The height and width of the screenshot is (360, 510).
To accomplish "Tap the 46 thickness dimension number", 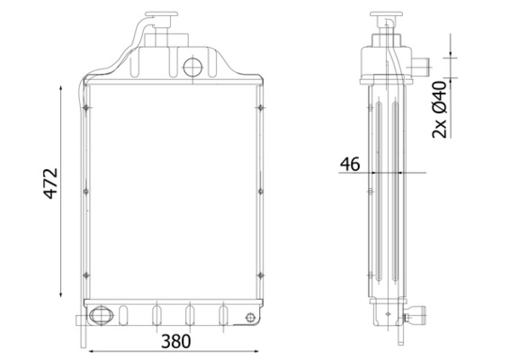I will point(349,164).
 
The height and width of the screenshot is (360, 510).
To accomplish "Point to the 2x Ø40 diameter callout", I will point(439,109).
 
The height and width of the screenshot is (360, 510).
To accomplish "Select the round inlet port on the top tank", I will point(193,67).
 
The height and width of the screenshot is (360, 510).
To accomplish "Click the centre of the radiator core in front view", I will point(173,189).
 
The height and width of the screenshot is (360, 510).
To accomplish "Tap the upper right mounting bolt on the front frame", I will point(259,109).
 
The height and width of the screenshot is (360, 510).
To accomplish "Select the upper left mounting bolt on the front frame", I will point(85,109).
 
